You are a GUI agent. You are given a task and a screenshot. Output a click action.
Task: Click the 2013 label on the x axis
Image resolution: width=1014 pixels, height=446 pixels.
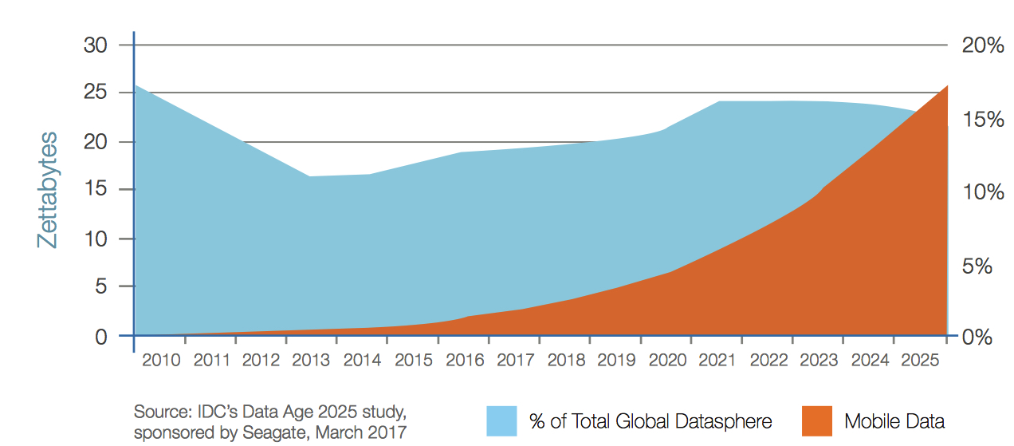311,360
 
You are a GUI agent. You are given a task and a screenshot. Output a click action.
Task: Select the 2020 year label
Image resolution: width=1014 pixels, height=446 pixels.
667,360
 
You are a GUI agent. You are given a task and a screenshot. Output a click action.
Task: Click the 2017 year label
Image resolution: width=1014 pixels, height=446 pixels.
515,360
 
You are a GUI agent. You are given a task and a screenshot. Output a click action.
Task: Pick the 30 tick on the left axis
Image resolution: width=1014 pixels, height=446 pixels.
96,45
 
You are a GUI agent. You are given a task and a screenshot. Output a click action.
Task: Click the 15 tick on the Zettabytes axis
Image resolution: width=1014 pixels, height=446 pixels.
96,190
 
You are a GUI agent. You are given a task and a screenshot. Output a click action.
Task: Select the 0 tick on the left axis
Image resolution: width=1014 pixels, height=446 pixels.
101,336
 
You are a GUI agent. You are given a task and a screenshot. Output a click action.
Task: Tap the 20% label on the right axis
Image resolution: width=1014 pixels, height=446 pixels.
983,45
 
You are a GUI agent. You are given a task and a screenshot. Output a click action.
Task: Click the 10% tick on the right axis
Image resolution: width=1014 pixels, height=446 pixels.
983,192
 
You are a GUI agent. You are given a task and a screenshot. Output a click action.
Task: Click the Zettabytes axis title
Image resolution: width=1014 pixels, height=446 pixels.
48,190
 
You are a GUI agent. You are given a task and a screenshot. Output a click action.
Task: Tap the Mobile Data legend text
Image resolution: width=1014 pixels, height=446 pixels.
894,421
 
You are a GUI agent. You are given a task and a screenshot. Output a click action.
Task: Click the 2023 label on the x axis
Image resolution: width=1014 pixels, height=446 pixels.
819,360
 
